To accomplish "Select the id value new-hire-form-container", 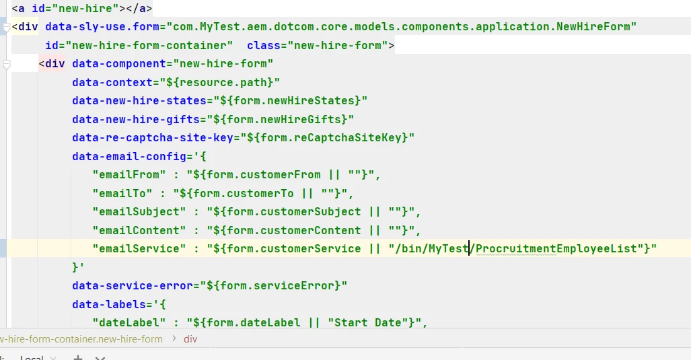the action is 152,45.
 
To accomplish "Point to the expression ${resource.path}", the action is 220,82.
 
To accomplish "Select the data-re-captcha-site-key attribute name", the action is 153,138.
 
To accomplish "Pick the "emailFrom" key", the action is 129,175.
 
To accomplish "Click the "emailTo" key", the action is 122,193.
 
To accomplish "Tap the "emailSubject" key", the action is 139,212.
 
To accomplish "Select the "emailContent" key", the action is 139,230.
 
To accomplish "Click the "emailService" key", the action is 139,249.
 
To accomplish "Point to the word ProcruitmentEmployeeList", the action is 556,249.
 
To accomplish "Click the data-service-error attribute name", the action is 133,286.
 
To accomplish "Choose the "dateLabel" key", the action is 129,323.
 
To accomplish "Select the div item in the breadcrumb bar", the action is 190,339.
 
